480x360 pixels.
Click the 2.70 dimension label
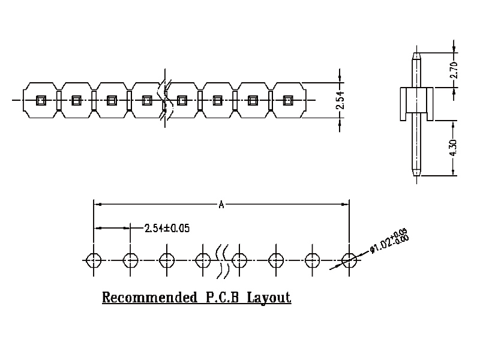pos(454,70)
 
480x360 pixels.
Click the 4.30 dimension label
pos(454,147)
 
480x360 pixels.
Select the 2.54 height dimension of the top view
pos(340,100)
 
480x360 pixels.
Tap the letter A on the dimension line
pos(221,205)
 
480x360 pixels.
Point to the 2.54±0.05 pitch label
pos(167,228)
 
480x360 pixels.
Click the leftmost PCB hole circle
pos(94,260)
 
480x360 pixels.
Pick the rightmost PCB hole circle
pos(349,260)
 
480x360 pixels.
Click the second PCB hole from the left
pos(131,260)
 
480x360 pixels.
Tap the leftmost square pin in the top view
pos(41,100)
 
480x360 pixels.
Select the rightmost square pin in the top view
pos(288,100)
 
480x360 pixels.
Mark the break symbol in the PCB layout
pos(223,260)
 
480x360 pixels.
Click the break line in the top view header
pos(164,100)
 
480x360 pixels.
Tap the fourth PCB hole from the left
pos(203,260)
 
